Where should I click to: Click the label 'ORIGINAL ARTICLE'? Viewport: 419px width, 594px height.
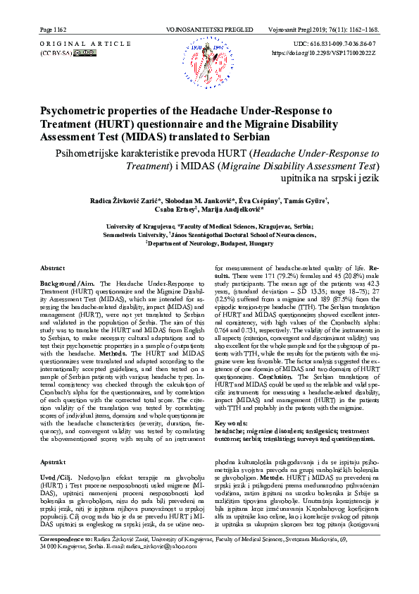(x=70, y=44)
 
